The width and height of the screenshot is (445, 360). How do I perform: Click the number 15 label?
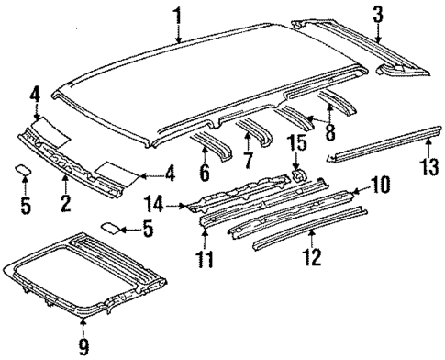click(297, 144)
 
